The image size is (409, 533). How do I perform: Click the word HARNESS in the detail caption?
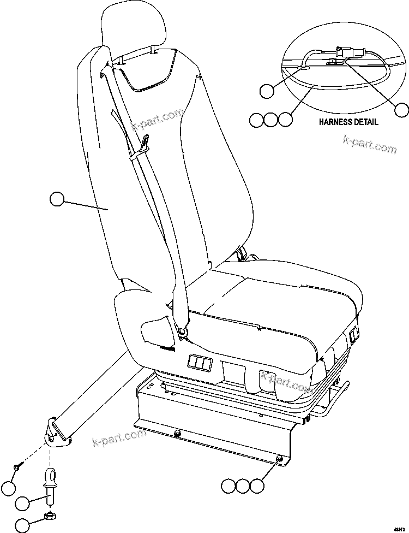tap(335, 122)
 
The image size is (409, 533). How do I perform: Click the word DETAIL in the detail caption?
tap(365, 122)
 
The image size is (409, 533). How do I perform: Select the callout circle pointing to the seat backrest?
tap(57, 199)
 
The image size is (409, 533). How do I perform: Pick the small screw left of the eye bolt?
tap(17, 466)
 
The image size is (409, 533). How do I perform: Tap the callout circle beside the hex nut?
tap(22, 525)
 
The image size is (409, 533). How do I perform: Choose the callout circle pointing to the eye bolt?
tap(22, 503)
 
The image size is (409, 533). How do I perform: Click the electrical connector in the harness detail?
tap(345, 55)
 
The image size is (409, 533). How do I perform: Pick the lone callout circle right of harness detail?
tap(402, 110)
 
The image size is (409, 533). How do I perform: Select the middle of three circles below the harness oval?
tap(271, 120)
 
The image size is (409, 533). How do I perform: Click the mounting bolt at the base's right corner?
tap(280, 459)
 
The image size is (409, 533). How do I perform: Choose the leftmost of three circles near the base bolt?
tap(229, 485)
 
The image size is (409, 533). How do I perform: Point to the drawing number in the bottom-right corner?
tap(400, 528)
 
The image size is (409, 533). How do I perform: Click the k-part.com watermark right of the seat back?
tap(370, 145)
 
